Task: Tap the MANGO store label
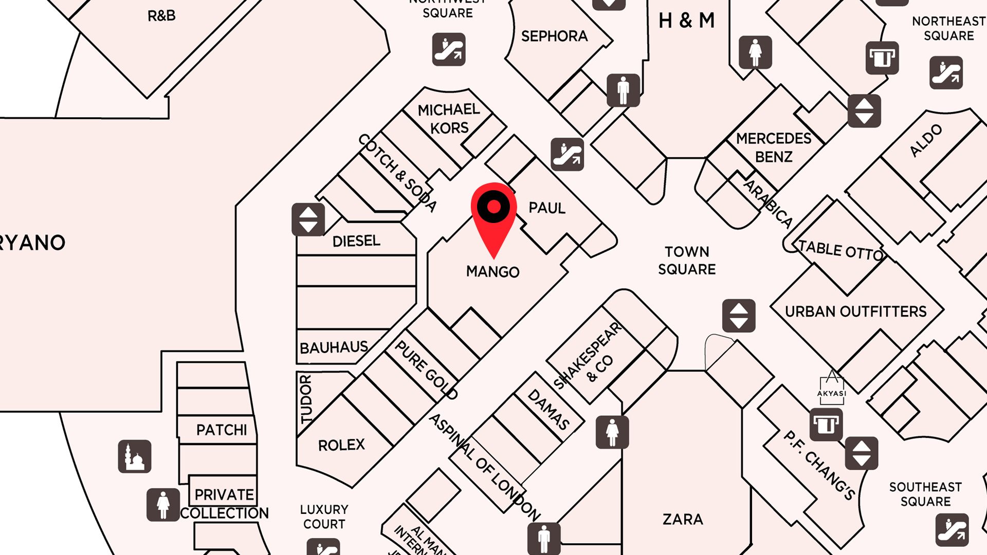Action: (492, 272)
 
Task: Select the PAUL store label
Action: (547, 208)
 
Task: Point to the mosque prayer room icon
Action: (135, 456)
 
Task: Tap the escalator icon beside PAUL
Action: (567, 154)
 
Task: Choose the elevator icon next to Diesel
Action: (308, 219)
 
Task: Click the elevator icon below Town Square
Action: (739, 316)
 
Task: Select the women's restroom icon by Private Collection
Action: (163, 505)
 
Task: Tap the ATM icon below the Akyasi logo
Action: (826, 425)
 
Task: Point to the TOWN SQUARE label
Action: (687, 261)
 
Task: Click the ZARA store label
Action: (683, 520)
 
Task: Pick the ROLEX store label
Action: (341, 445)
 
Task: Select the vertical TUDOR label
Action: (306, 399)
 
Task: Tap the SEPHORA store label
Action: (554, 36)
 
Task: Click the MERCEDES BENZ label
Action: (774, 147)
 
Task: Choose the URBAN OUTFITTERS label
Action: (855, 312)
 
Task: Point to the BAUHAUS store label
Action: (334, 348)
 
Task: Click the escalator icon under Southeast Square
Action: (952, 530)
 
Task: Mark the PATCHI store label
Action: (222, 430)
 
